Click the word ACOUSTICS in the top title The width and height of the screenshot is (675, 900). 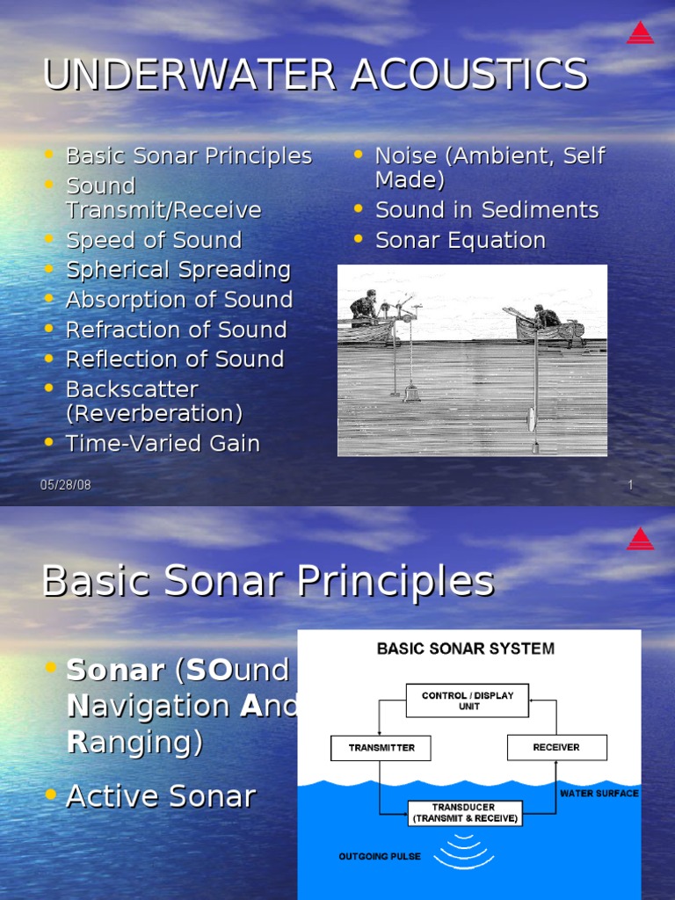tap(468, 74)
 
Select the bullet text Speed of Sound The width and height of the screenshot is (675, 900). tap(154, 240)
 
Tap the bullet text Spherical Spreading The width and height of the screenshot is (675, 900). tap(178, 270)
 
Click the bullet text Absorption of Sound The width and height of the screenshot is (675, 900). tap(179, 300)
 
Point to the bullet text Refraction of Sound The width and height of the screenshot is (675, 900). tap(177, 330)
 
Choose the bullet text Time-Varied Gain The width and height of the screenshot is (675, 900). tap(163, 444)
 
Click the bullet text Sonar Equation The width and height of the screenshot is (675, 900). tap(461, 240)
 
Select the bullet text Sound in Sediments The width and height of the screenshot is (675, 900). tap(487, 210)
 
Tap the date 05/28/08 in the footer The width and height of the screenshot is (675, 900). tap(66, 485)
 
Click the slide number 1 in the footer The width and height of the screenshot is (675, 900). tap(630, 485)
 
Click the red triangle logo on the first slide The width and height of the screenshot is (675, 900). tap(640, 33)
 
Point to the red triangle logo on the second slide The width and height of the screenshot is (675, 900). tap(640, 538)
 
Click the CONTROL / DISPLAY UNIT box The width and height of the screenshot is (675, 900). tap(468, 700)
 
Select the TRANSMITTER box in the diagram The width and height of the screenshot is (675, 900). tap(381, 748)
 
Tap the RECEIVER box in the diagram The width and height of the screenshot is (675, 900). tap(556, 747)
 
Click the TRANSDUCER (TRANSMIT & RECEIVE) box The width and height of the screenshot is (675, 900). tap(464, 813)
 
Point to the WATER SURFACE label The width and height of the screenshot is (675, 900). tap(599, 793)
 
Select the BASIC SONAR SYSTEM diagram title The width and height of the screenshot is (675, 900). tap(466, 650)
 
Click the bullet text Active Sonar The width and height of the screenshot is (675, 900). tap(161, 796)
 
